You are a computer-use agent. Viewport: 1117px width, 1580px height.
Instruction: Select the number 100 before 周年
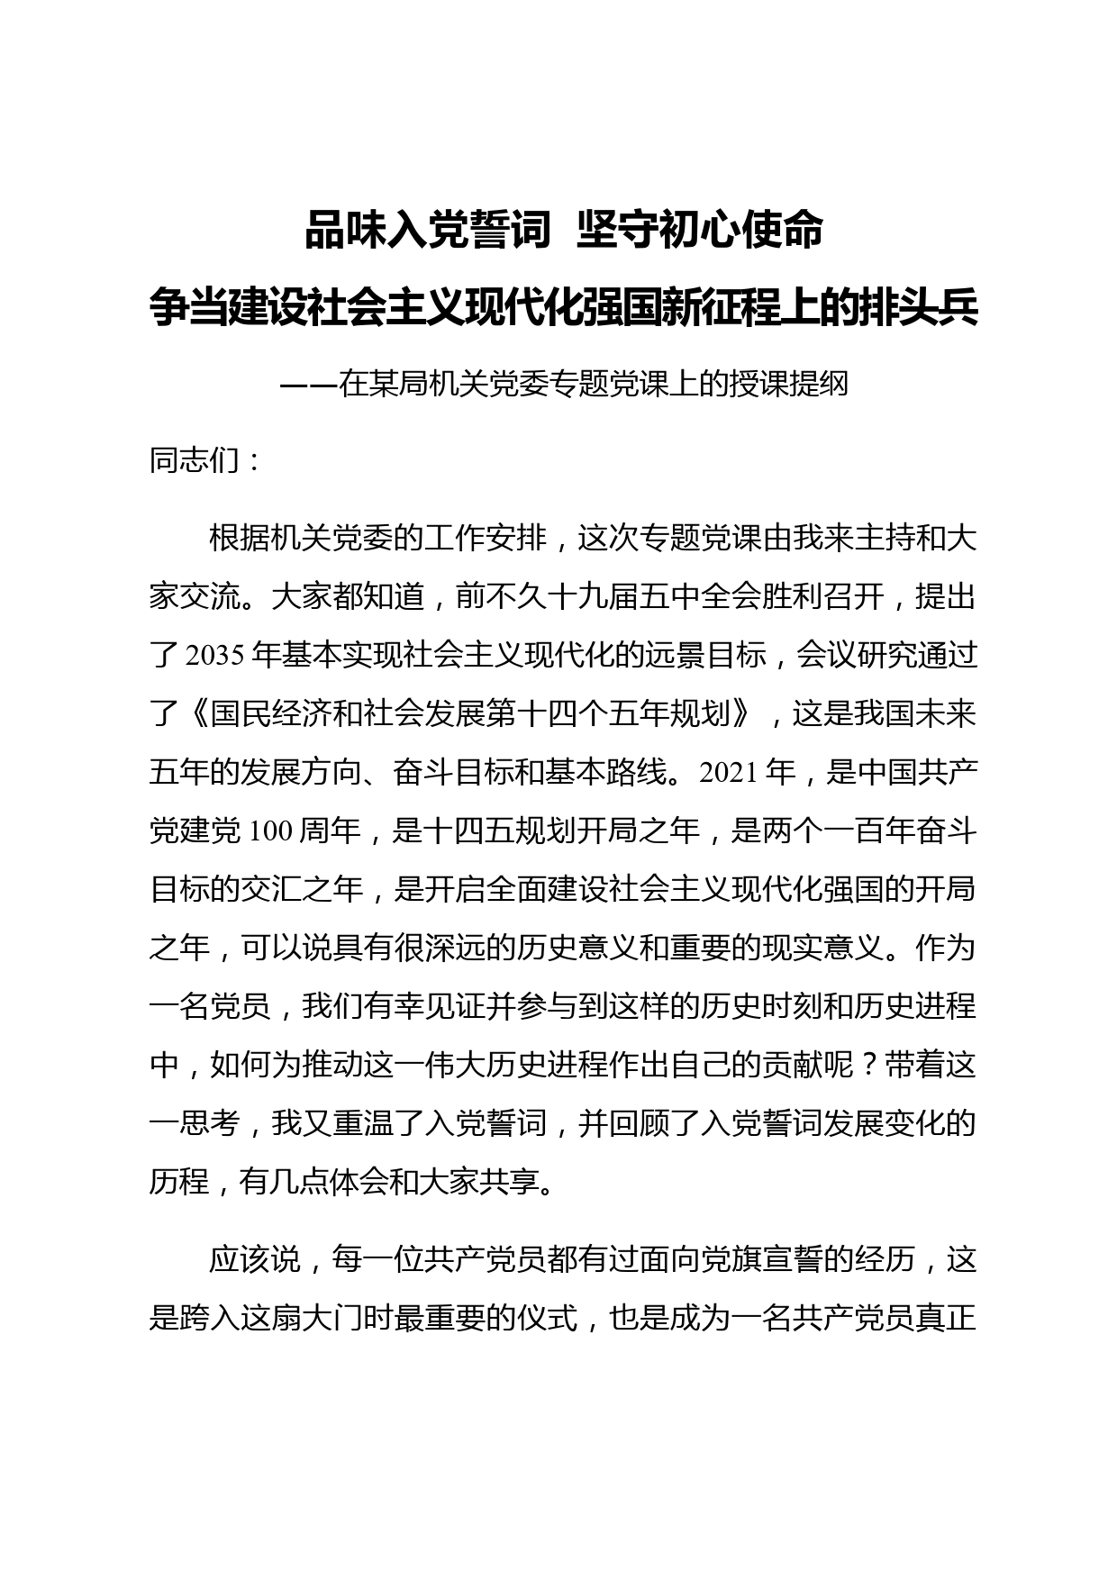tap(266, 831)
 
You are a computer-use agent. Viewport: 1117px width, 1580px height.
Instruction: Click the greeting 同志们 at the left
tap(194, 461)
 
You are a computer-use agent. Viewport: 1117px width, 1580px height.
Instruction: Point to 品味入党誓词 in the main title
tap(427, 231)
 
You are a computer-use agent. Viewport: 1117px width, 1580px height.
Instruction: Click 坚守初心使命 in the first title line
tap(700, 231)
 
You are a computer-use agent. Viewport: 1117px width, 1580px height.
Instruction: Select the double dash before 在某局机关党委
tap(308, 385)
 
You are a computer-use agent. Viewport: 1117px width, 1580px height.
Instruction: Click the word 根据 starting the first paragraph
tap(239, 539)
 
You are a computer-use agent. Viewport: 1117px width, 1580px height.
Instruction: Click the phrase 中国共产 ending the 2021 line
tap(917, 773)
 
